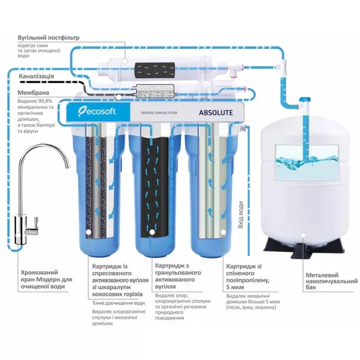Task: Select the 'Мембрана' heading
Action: [x=33, y=93]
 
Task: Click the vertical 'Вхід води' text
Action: [x=239, y=207]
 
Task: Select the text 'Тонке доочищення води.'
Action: [x=118, y=302]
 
